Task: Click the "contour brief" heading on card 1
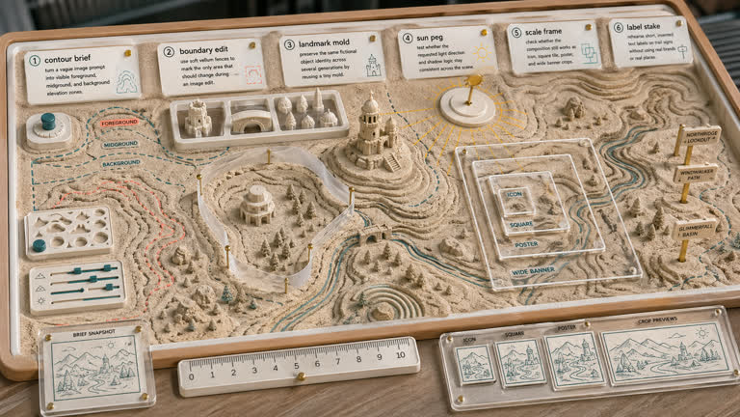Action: tap(72, 59)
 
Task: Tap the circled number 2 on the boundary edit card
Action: tap(169, 52)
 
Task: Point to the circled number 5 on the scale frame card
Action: tap(515, 32)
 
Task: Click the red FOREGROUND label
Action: tap(118, 124)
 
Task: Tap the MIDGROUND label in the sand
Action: tap(120, 144)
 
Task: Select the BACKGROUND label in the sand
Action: tap(120, 164)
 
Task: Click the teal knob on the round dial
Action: tap(48, 122)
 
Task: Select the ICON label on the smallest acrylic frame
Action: tap(515, 194)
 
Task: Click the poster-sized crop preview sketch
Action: tap(573, 359)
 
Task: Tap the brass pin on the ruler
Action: tap(299, 375)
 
